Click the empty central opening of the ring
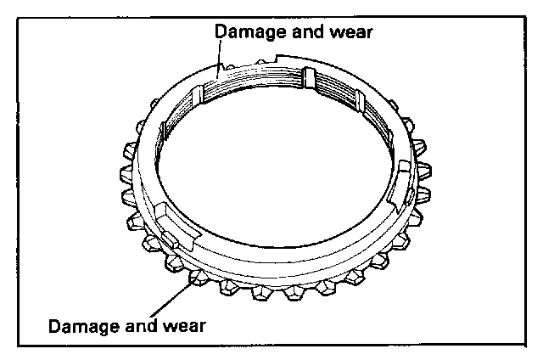[x=271, y=161]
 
